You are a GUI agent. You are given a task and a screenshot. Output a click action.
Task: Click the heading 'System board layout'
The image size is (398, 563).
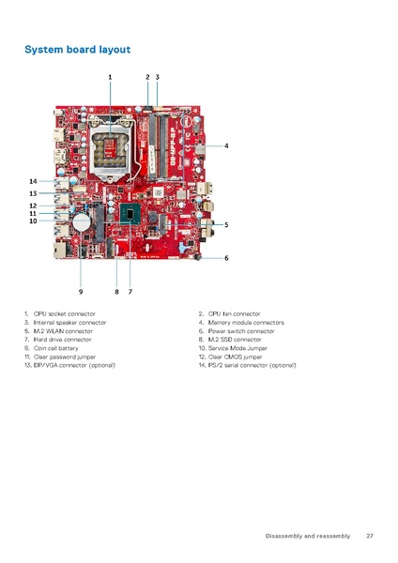pos(77,49)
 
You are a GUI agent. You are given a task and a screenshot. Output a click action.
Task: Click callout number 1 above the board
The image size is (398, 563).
pos(110,76)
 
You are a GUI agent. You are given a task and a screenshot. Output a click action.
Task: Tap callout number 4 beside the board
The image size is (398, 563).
pos(226,145)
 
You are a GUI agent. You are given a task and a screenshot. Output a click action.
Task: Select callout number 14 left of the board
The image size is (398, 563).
pos(33,181)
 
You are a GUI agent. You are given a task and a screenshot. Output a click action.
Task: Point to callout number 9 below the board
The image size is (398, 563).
pos(81,291)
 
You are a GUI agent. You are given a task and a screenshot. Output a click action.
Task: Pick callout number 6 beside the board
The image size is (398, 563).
pos(226,257)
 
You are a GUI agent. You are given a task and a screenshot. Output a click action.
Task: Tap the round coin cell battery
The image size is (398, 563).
pos(84,221)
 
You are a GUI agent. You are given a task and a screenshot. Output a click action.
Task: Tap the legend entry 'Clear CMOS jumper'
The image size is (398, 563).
pos(240,357)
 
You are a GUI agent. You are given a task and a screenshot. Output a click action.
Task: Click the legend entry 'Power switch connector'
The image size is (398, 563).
pos(241,330)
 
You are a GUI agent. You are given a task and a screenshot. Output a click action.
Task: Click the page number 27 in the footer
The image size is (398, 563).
pos(370,536)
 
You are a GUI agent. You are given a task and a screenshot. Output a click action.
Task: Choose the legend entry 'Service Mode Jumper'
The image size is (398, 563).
pos(242,348)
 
